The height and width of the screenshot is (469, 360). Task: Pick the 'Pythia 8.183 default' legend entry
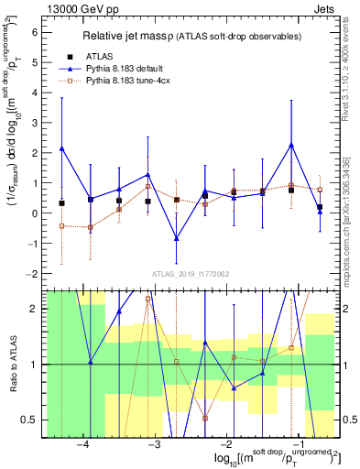pos(137,69)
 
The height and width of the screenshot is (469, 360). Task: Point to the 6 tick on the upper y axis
pos(37,32)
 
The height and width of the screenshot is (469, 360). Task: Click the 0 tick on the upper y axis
pos(37,213)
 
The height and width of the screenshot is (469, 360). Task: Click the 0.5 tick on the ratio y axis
pos(33,420)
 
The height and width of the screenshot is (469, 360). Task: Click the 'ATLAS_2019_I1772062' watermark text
pos(191,274)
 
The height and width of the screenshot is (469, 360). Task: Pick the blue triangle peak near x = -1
pos(291,145)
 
